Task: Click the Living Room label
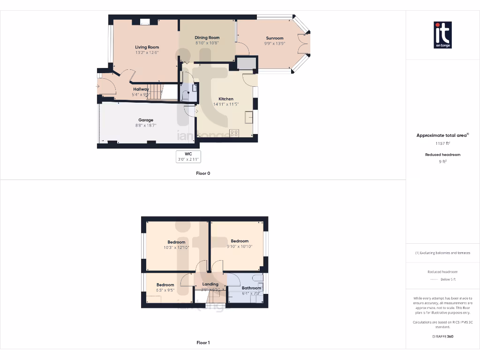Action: [x=147, y=47]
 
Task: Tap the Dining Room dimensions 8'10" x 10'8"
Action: [x=207, y=43]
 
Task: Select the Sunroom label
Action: [x=275, y=38]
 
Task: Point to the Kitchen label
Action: [x=225, y=99]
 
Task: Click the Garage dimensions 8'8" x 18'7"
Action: [x=145, y=125]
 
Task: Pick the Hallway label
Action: [x=141, y=89]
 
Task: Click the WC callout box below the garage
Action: [x=188, y=157]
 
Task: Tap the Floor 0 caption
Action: [x=203, y=173]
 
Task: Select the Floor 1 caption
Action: [x=203, y=343]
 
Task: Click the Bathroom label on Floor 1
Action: [x=251, y=288]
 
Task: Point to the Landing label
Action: [x=210, y=284]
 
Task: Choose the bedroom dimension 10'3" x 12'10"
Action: [x=176, y=247]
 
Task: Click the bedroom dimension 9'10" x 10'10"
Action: [x=240, y=246]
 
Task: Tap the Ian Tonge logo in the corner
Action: [x=442, y=35]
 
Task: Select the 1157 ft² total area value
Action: [x=442, y=144]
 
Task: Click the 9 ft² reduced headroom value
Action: [x=442, y=161]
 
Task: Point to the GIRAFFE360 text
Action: [x=442, y=336]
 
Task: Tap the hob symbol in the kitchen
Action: [x=234, y=133]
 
